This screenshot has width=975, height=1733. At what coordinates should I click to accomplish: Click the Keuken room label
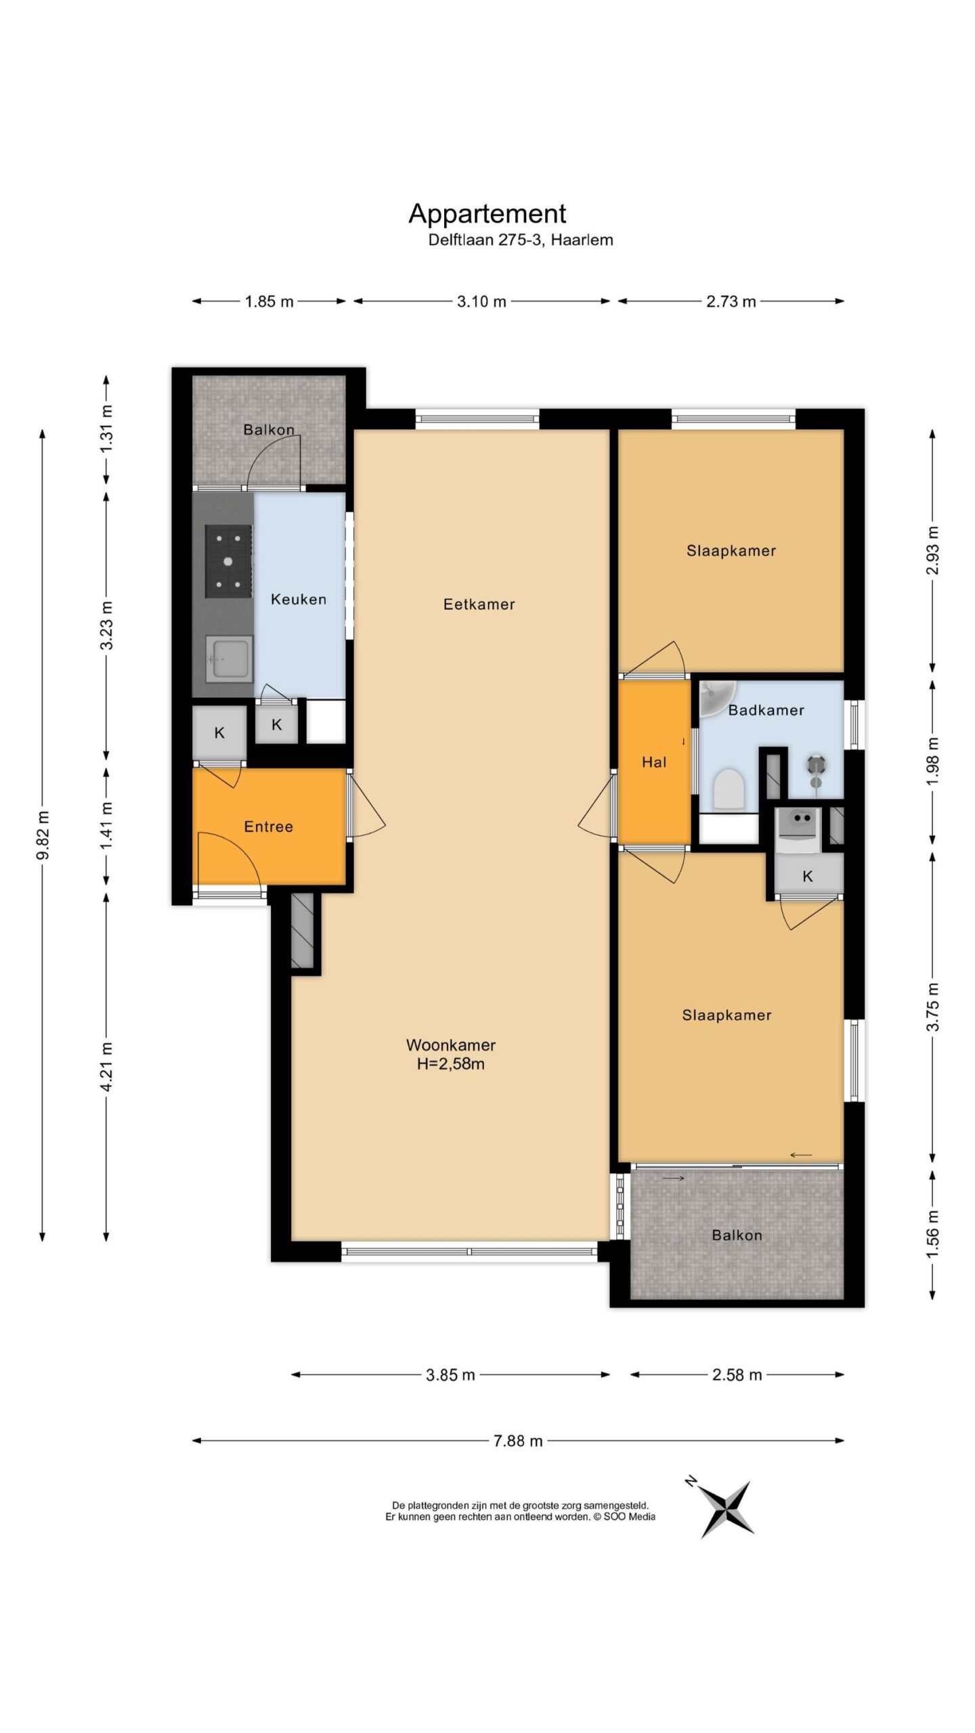[x=299, y=599]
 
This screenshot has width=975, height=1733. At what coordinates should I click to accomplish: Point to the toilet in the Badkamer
[x=729, y=789]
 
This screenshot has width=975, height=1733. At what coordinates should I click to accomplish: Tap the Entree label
[x=269, y=827]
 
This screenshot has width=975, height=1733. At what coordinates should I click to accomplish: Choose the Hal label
[x=654, y=762]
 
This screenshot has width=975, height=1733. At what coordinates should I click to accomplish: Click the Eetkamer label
[x=479, y=604]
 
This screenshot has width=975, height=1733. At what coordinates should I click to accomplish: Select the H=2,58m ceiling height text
[x=451, y=1063]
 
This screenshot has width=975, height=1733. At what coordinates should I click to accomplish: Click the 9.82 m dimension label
[x=43, y=835]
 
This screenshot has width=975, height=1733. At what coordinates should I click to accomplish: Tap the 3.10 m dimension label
[x=481, y=301]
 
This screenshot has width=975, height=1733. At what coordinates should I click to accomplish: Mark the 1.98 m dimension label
[x=933, y=762]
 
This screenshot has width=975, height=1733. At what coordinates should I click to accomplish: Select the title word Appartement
[x=487, y=213]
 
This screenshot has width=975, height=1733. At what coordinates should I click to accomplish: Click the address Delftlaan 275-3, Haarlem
[x=521, y=240]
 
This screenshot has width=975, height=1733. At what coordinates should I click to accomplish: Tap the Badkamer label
[x=766, y=710]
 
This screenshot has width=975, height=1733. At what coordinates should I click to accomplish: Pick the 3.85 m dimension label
[x=451, y=1375]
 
